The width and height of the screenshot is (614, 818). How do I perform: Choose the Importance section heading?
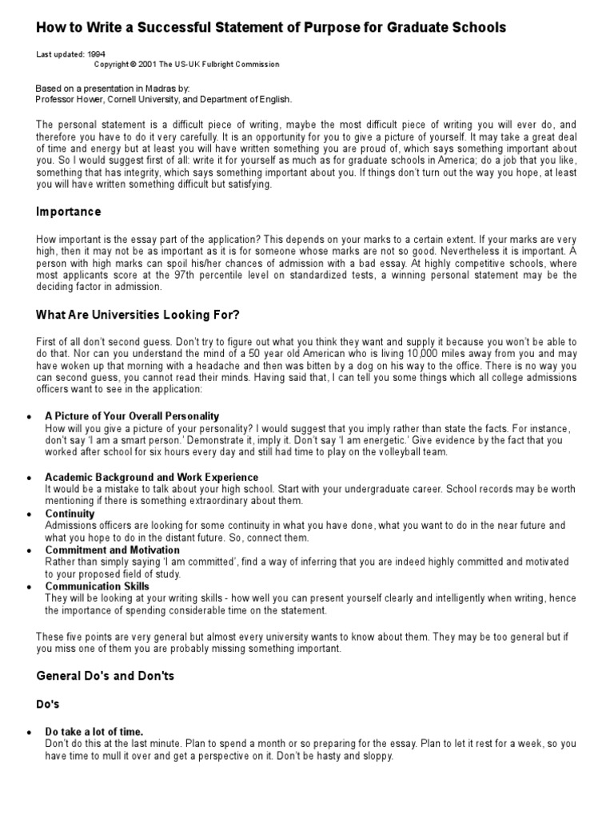click(69, 212)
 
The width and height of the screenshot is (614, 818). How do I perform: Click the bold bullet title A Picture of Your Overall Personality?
click(132, 417)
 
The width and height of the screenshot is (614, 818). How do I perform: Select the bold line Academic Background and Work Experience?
click(152, 477)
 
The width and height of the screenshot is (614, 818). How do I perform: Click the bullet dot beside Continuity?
click(30, 514)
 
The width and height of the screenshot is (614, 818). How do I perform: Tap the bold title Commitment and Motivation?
click(112, 550)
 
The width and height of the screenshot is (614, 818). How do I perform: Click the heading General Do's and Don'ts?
click(106, 676)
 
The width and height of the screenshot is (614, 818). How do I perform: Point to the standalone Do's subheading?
click(49, 705)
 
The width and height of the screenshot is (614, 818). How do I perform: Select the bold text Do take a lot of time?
click(94, 731)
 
